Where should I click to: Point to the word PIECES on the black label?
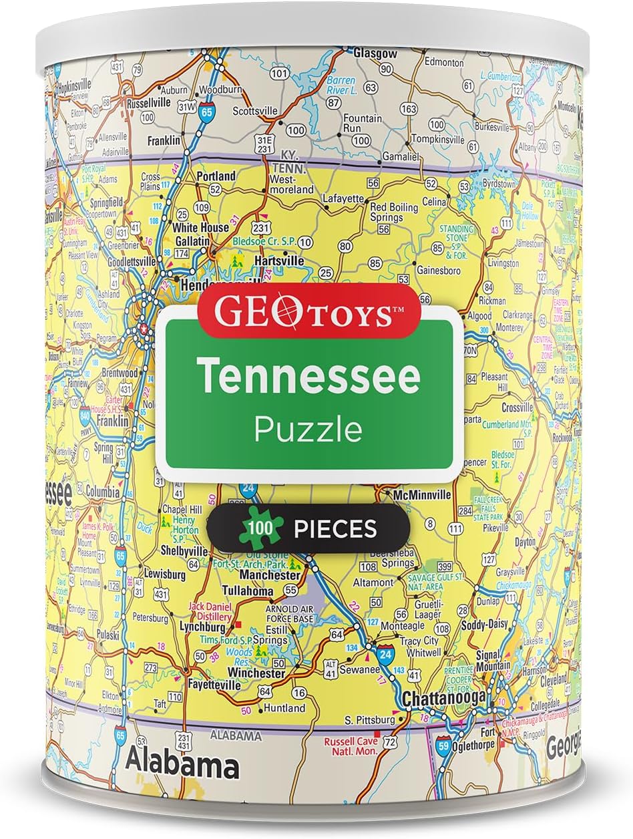click(x=335, y=530)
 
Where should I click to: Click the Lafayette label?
click(x=343, y=198)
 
